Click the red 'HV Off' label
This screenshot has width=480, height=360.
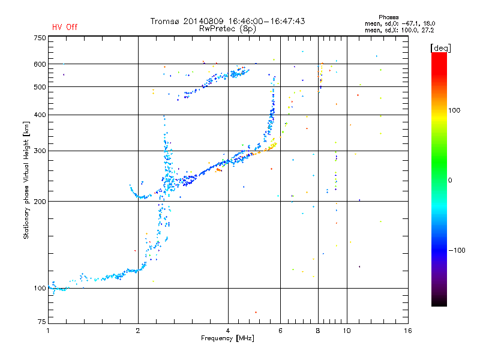[65, 27]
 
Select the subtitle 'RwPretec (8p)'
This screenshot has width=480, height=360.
[227, 29]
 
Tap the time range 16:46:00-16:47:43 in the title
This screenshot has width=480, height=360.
[266, 21]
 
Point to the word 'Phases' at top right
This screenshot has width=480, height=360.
[388, 17]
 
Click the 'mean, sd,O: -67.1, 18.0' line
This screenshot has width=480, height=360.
[400, 23]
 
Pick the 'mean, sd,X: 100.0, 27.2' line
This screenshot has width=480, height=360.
[399, 31]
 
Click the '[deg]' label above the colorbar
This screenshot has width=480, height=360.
[440, 48]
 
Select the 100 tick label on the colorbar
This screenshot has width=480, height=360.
[454, 110]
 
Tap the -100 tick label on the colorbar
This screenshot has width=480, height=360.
[457, 250]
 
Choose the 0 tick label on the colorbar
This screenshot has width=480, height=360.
[450, 181]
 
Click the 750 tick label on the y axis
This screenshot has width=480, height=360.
[40, 38]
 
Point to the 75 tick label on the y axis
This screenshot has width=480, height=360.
[42, 322]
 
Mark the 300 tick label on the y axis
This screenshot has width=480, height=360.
[40, 151]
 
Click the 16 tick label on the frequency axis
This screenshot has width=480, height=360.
[408, 331]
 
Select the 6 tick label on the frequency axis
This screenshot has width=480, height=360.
[280, 331]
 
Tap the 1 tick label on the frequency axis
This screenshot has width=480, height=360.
[48, 331]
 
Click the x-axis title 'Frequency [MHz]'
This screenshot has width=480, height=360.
[227, 338]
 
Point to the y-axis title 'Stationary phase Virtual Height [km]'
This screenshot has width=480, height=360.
[26, 181]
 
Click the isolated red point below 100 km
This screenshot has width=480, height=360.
[256, 312]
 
